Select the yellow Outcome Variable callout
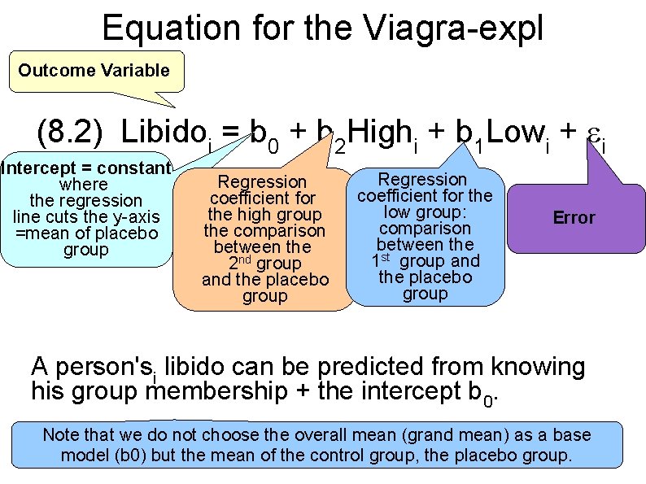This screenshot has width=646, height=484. (94, 70)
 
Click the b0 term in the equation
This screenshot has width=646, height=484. (264, 134)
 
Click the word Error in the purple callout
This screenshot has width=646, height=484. (574, 217)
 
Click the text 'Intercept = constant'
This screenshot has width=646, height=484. (85, 168)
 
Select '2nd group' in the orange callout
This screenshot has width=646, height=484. (265, 263)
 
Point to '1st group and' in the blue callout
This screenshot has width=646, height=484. (426, 260)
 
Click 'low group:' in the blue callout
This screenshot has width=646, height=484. (424, 211)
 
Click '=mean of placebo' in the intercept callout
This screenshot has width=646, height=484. (85, 233)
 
